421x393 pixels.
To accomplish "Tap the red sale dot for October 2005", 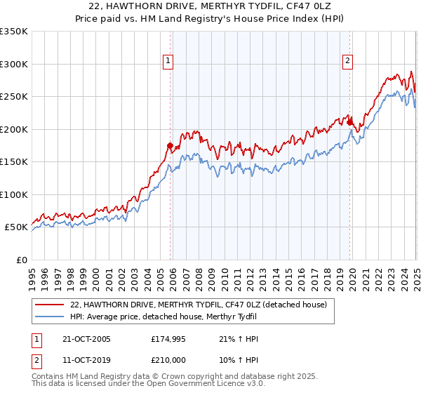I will (x=170, y=146).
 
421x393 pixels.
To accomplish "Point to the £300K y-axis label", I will (x=13, y=64).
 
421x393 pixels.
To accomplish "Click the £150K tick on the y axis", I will (x=13, y=162).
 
